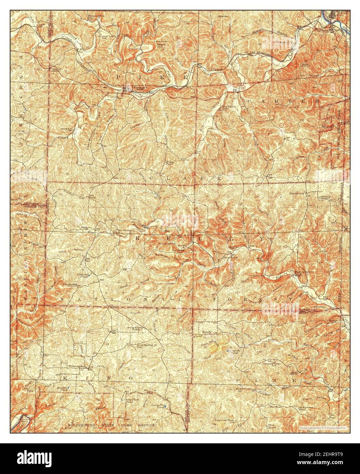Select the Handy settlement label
click(x=207, y=331)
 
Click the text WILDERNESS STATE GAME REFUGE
click(x=111, y=426)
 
